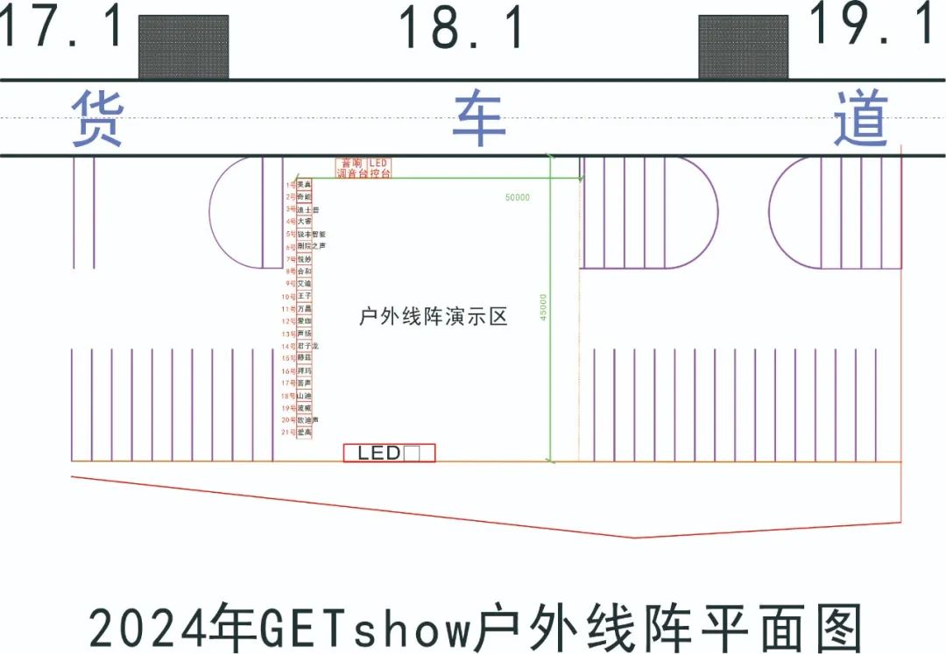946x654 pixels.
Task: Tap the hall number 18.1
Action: [x=462, y=28]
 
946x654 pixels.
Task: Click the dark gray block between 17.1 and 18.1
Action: [x=184, y=46]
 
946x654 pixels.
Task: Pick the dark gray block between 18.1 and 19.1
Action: [x=743, y=46]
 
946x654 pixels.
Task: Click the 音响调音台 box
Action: [x=351, y=169]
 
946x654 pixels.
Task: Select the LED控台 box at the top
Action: [x=378, y=169]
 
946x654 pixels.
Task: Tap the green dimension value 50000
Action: [x=517, y=198]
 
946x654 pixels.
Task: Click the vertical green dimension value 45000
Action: [x=543, y=306]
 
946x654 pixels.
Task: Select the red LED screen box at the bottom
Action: [x=389, y=453]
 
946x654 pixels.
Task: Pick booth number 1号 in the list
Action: [x=291, y=185]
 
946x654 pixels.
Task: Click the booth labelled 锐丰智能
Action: [x=311, y=235]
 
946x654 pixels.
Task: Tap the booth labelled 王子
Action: [x=304, y=297]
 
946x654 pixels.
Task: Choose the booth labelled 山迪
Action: [x=304, y=396]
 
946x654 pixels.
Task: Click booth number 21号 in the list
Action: [x=289, y=432]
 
